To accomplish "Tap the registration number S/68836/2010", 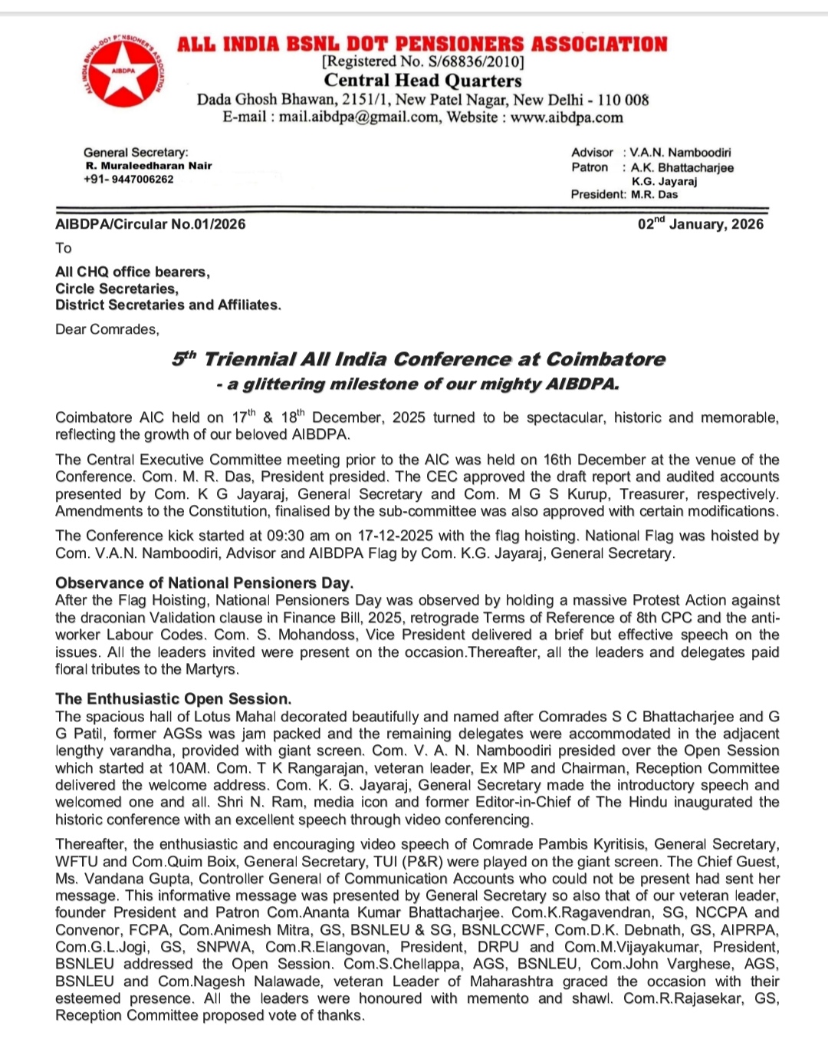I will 458,61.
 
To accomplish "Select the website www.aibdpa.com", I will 567,117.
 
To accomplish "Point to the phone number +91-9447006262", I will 129,180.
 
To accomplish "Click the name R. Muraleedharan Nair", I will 149,166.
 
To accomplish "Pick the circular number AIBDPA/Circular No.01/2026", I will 150,224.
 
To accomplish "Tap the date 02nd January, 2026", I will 701,224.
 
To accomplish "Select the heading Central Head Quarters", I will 422,81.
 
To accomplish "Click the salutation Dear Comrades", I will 107,329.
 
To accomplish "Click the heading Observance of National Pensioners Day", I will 204,583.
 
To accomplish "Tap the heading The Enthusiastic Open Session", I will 173,699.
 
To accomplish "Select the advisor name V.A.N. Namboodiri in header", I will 680,153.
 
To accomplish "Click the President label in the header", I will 598,195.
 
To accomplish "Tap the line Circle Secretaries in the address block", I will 117,289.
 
